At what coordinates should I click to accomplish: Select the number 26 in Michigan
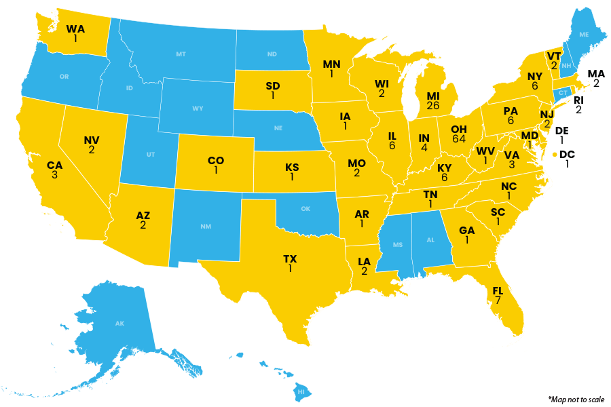click(432, 105)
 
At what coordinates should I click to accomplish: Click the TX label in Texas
click(290, 258)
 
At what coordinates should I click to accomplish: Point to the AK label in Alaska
click(120, 324)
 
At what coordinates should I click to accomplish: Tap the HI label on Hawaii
click(300, 391)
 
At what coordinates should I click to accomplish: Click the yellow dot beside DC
click(555, 155)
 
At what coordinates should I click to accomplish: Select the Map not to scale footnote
click(576, 399)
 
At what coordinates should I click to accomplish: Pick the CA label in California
click(54, 165)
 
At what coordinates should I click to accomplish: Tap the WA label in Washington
click(75, 29)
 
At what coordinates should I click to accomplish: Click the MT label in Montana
click(181, 53)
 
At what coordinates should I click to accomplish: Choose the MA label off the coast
click(596, 73)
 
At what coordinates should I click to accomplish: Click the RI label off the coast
click(579, 100)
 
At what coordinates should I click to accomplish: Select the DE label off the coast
click(562, 130)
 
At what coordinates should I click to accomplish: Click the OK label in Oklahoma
click(305, 208)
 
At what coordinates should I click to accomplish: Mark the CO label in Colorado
click(216, 161)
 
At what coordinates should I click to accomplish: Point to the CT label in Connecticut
click(562, 93)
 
